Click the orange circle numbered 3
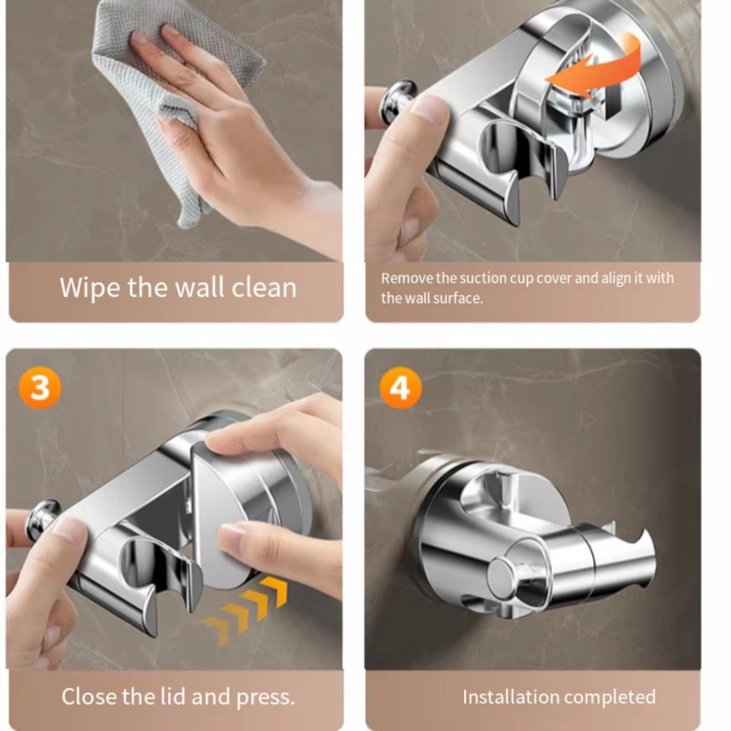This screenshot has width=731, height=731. point(39,387)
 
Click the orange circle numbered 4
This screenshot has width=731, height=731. point(401,387)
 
